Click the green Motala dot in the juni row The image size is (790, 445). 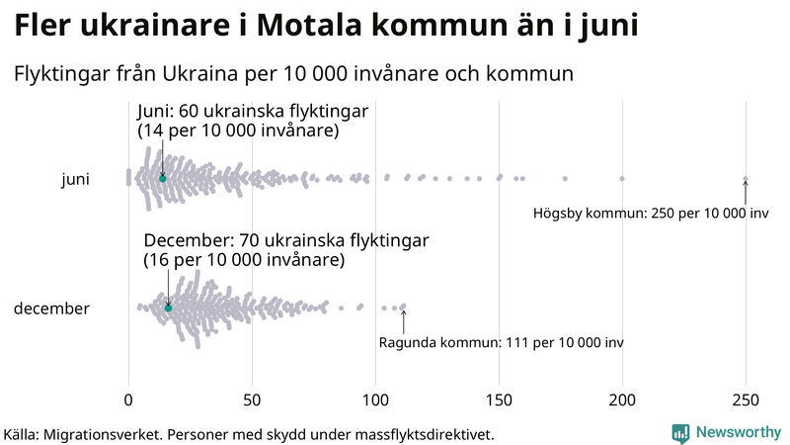(x=162, y=179)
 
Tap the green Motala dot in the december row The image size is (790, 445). (x=168, y=309)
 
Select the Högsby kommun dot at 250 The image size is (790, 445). (x=746, y=179)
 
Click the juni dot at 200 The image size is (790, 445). (x=622, y=179)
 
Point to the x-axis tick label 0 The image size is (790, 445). (x=128, y=400)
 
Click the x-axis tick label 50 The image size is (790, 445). (x=252, y=400)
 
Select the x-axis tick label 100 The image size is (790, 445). (x=375, y=400)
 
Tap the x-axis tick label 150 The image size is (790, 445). (x=499, y=400)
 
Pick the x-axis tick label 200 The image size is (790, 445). (x=622, y=400)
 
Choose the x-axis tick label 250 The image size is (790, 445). (x=746, y=400)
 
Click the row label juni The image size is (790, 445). (x=76, y=180)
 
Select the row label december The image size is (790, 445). (x=51, y=309)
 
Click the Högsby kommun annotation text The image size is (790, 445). (x=651, y=213)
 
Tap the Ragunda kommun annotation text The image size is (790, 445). (x=502, y=342)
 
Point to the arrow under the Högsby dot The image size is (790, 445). (x=746, y=192)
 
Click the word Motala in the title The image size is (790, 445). (x=309, y=26)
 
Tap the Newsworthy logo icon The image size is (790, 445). (x=680, y=434)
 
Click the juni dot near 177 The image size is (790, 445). (x=565, y=179)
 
